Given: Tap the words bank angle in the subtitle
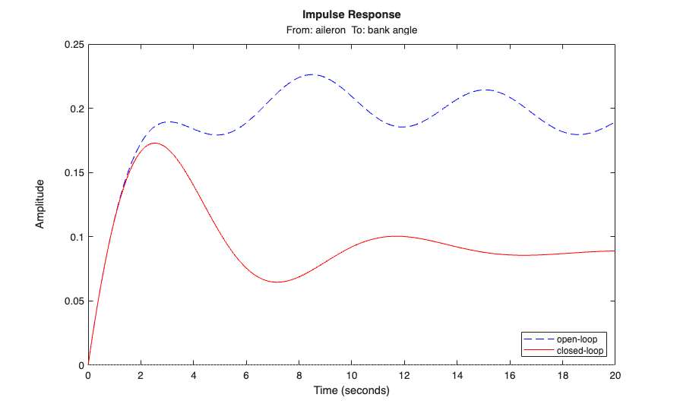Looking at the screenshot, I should [x=392, y=30].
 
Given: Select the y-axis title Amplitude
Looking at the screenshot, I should [x=40, y=204].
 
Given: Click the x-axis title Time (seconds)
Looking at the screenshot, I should [x=351, y=391].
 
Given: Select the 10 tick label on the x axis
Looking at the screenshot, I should [x=352, y=376].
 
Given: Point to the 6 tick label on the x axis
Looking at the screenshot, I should [x=246, y=376].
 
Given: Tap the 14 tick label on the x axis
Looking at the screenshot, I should [x=457, y=376].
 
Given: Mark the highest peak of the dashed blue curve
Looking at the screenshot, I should [x=312, y=74].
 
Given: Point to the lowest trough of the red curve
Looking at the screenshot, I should [x=277, y=282].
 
